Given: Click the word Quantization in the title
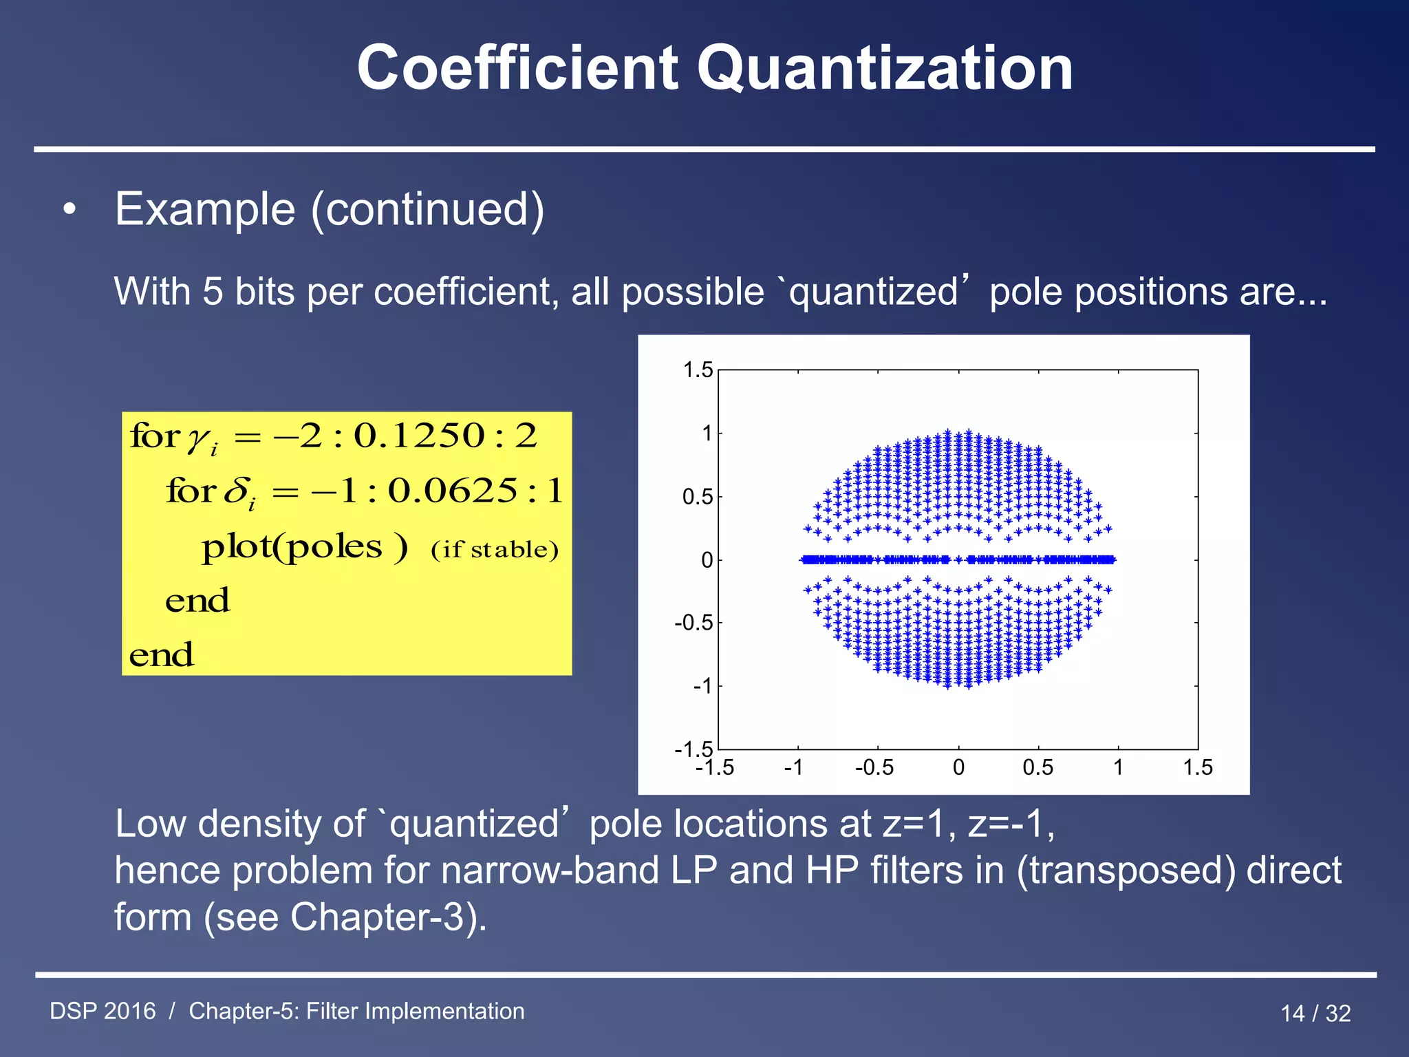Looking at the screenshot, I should point(885,69).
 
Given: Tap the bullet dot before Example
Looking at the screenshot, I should point(69,211).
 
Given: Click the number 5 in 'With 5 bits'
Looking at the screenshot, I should point(212,292).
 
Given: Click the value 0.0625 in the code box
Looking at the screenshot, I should point(453,491).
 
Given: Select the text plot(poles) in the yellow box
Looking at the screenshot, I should point(305,547).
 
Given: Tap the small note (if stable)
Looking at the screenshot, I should point(495,550).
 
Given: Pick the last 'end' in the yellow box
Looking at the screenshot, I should point(162,654).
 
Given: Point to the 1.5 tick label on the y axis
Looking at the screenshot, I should point(698,370).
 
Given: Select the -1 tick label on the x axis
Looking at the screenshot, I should point(793,767).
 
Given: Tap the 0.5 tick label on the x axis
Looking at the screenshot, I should point(1037,767).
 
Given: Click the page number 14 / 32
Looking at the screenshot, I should point(1315,1013).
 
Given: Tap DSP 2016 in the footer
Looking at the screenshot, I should point(103,1011).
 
